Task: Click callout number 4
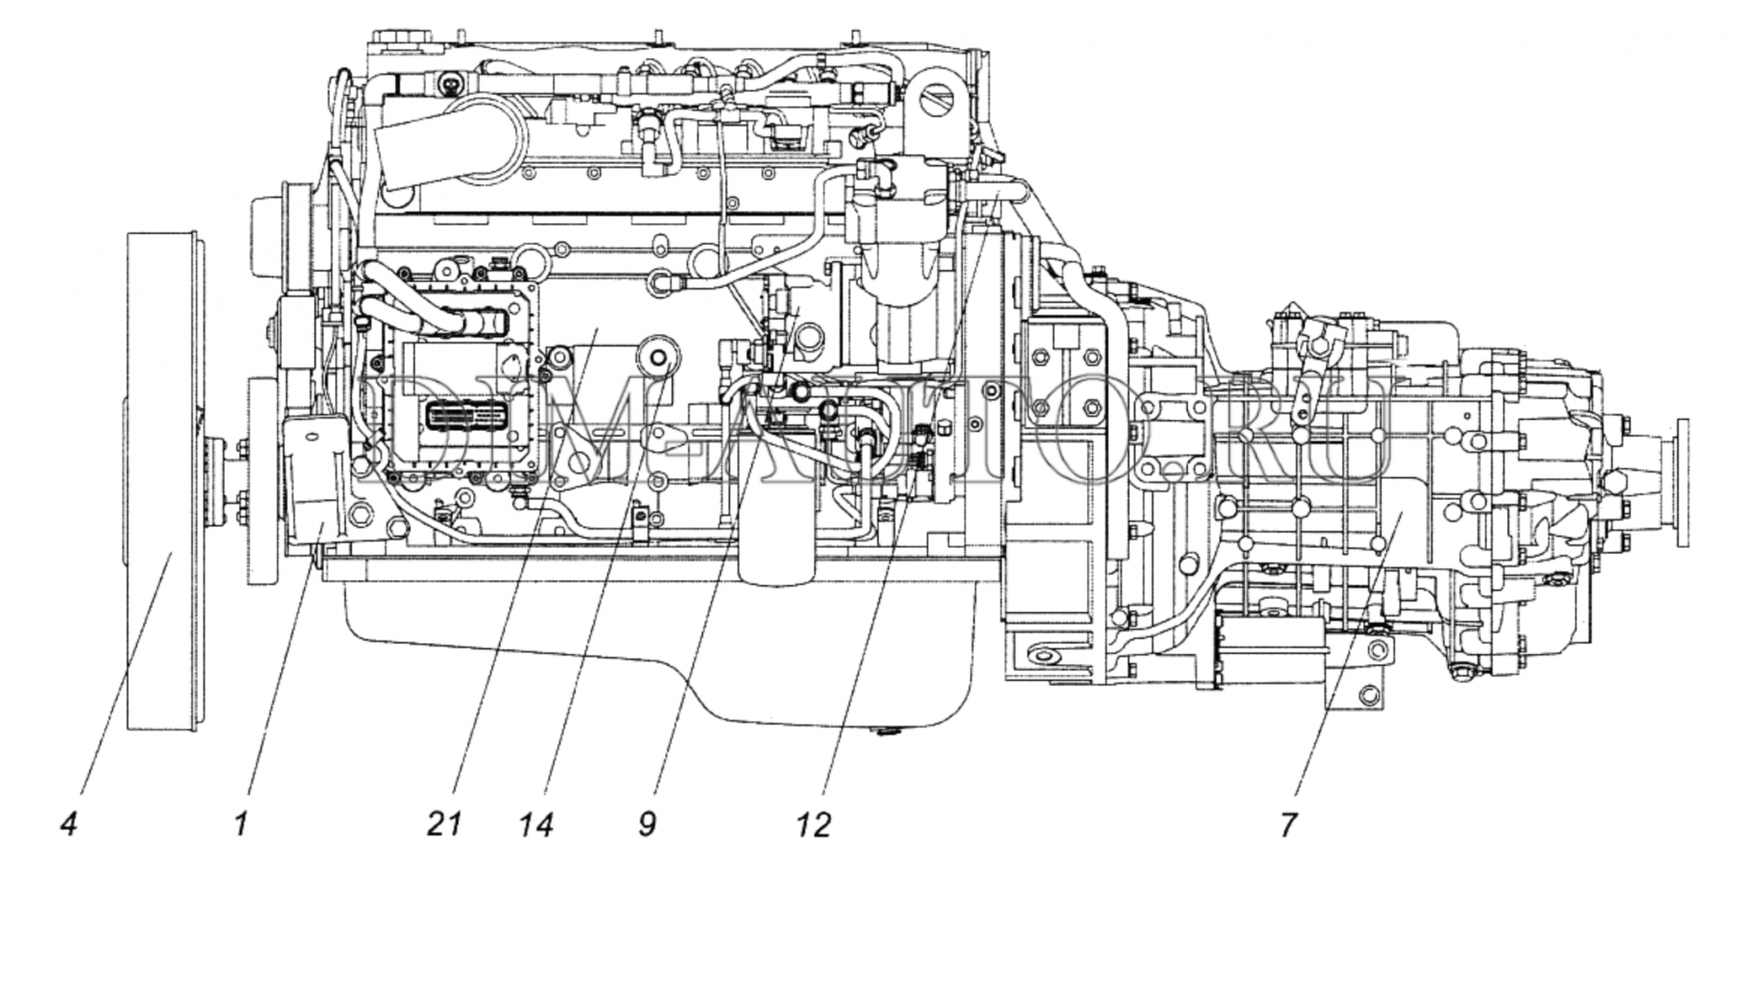(69, 823)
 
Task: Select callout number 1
(241, 823)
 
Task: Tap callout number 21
(444, 823)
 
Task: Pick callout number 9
(647, 823)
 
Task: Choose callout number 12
(813, 823)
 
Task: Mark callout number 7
(1289, 823)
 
